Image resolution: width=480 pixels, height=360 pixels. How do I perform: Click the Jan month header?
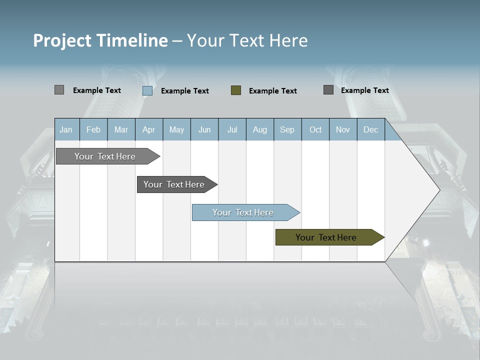pyautogui.click(x=66, y=129)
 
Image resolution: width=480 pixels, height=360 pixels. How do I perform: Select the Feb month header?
pyautogui.click(x=93, y=129)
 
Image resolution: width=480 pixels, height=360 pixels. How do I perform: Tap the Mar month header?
pyautogui.click(x=121, y=129)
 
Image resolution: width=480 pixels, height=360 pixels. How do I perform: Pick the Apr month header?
pyautogui.click(x=149, y=129)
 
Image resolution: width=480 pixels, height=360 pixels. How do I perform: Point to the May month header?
pyautogui.click(x=176, y=129)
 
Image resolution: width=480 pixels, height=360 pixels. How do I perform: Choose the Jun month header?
pyautogui.click(x=204, y=129)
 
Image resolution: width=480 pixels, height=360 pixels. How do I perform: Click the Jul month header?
pyautogui.click(x=232, y=129)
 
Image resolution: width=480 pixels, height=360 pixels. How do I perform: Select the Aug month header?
pyautogui.click(x=260, y=129)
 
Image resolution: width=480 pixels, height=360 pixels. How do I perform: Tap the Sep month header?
pyautogui.click(x=287, y=129)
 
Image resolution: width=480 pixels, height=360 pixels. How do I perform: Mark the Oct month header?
pyautogui.click(x=315, y=129)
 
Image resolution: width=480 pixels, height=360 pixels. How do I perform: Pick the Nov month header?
pyautogui.click(x=343, y=129)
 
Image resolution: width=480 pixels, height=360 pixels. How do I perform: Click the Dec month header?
pyautogui.click(x=371, y=129)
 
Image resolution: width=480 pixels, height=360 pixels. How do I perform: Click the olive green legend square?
pyautogui.click(x=236, y=90)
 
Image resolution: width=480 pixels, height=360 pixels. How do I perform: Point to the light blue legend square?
pyautogui.click(x=147, y=90)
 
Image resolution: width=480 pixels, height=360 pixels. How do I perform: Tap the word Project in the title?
pyautogui.click(x=62, y=40)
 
